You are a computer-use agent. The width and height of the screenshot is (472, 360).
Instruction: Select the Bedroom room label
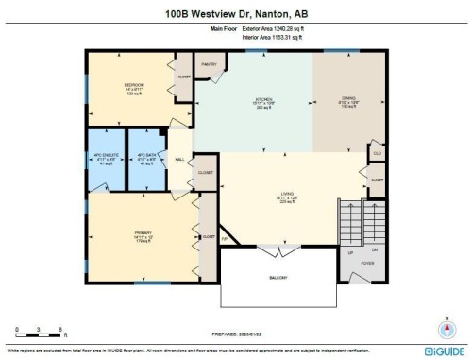133,87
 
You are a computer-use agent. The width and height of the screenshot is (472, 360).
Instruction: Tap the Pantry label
209,65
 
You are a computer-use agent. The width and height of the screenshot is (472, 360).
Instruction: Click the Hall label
180,161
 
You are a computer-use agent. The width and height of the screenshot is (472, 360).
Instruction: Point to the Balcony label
279,278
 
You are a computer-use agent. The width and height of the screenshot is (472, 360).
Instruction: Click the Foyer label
367,264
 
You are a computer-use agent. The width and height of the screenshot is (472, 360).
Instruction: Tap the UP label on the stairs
350,253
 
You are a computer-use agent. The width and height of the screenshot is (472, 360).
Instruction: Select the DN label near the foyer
374,250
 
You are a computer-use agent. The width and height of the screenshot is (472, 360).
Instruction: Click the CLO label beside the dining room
377,152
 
